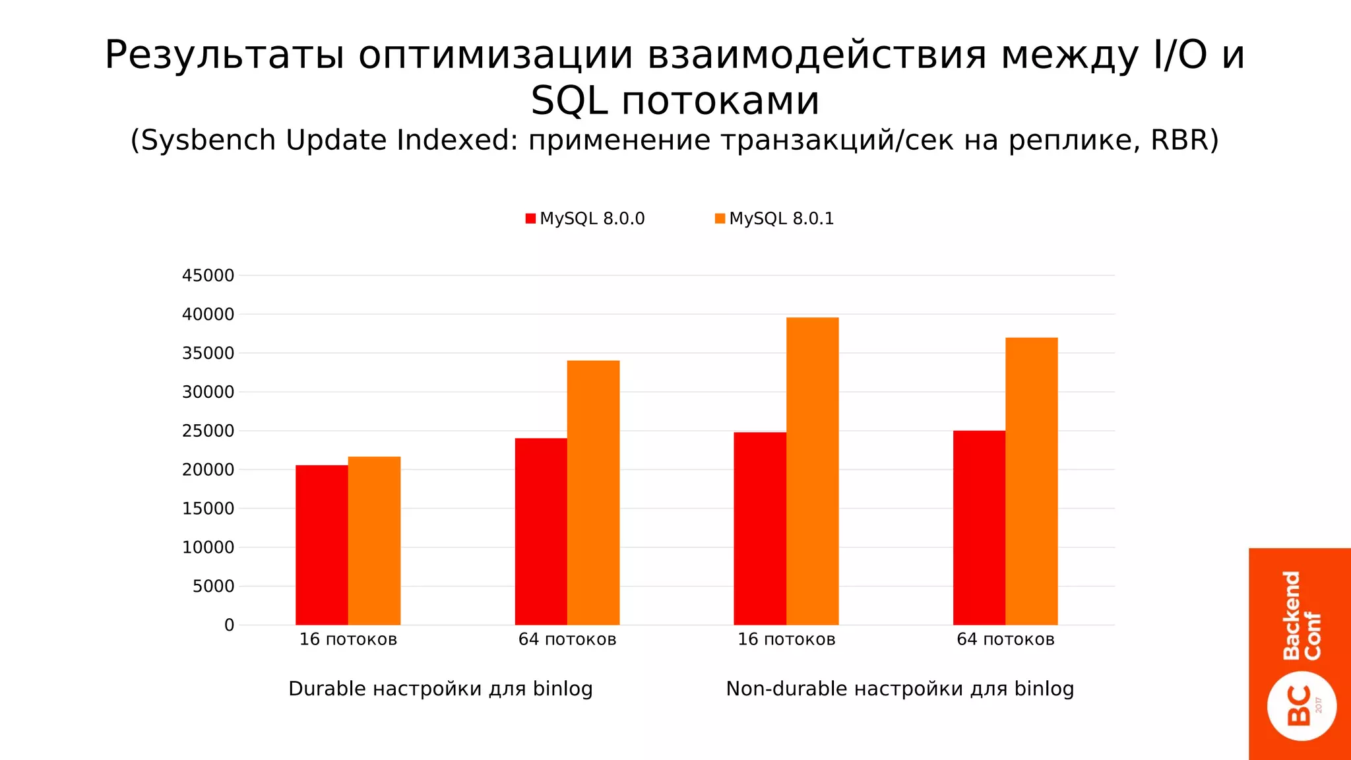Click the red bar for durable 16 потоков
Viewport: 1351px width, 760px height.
(x=321, y=545)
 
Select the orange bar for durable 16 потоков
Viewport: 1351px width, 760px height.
(x=374, y=541)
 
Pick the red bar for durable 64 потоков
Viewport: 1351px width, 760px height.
(x=540, y=532)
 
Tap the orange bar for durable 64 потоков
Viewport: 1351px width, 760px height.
(x=593, y=493)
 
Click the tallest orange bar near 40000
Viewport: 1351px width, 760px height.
(x=812, y=471)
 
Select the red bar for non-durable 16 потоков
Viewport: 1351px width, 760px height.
(x=759, y=528)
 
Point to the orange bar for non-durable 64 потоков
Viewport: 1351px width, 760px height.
(x=1031, y=482)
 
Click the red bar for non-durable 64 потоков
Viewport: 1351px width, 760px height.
(x=979, y=528)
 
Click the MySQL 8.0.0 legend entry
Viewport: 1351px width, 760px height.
(x=585, y=218)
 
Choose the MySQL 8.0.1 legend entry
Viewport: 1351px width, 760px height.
(x=774, y=218)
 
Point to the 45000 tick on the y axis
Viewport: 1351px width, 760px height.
(x=208, y=276)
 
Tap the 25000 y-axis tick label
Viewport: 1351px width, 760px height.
(x=208, y=431)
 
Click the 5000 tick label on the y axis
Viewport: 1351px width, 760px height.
(x=213, y=586)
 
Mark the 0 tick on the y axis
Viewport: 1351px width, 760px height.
(x=229, y=625)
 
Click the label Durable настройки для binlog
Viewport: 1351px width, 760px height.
(x=441, y=689)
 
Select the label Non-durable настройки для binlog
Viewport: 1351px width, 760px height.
(x=900, y=689)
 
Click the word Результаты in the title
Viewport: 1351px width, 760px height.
(x=224, y=55)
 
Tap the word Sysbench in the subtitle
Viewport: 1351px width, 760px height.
(x=210, y=140)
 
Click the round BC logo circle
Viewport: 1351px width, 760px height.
(x=1302, y=706)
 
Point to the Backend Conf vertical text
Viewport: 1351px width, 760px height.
(x=1302, y=615)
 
